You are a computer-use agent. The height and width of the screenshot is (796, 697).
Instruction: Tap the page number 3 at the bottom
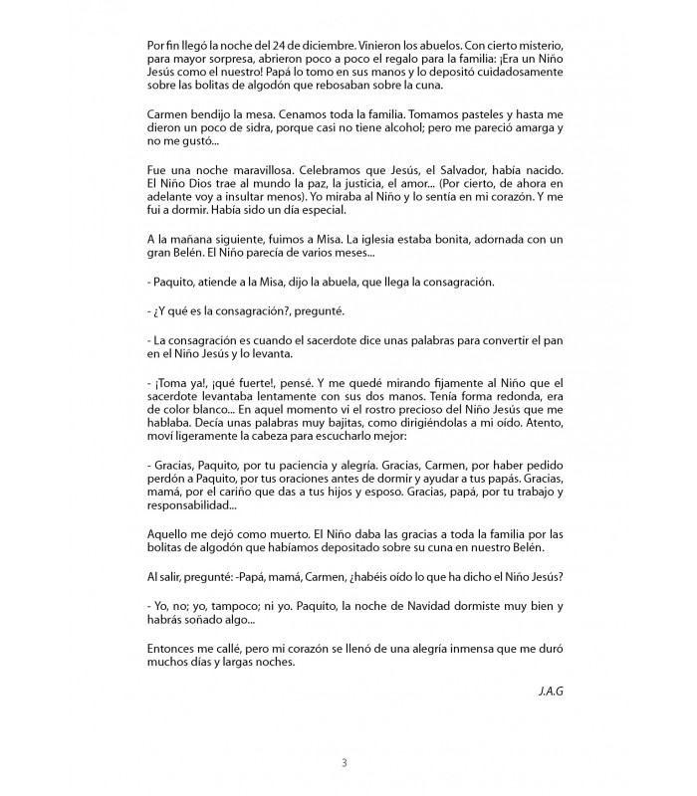pos(345,763)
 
